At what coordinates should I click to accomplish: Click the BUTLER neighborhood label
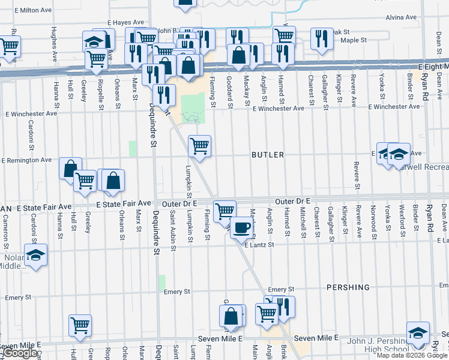[268, 155]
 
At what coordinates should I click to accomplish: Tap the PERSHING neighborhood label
[348, 287]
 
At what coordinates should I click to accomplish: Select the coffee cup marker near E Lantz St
[241, 228]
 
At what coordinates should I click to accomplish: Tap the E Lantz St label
[259, 245]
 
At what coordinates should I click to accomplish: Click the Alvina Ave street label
[401, 17]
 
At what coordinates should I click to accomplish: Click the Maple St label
[354, 41]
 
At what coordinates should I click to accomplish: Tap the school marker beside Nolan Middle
[35, 255]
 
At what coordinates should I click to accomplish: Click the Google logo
[20, 353]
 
